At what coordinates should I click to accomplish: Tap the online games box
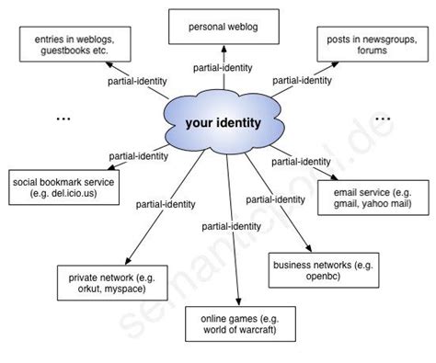pyautogui.click(x=237, y=324)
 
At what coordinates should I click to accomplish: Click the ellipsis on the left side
pyautogui.click(x=64, y=119)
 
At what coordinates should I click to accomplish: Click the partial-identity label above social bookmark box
pyautogui.click(x=138, y=156)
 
